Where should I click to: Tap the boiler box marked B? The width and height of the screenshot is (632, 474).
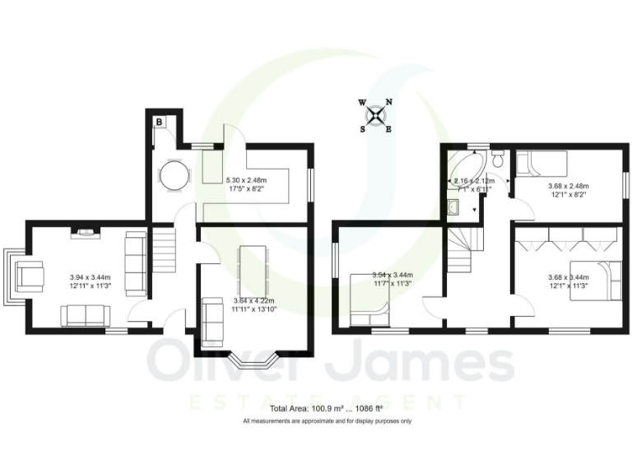[x=159, y=122]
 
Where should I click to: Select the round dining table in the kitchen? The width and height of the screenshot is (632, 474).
[x=173, y=174]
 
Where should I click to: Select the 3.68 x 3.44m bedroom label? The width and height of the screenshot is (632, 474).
[x=569, y=282]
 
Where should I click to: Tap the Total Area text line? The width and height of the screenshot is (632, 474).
[x=327, y=408]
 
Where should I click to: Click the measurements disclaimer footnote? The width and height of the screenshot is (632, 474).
[x=327, y=421]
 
